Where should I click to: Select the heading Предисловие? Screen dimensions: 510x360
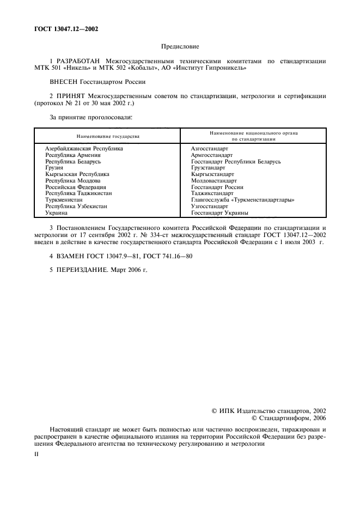180,47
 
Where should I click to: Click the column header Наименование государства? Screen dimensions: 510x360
107,135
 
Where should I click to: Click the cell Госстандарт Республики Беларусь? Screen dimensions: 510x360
236,161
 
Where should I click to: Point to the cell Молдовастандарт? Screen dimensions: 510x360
214,180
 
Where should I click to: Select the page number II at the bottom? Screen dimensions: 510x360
36,453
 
